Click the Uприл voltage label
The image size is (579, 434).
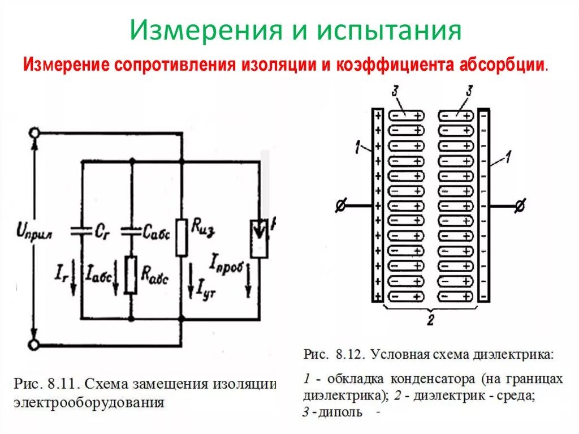point(35,231)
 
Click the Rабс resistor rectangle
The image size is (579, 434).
point(131,274)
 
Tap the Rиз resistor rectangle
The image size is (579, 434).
point(181,237)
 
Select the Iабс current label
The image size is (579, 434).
point(99,276)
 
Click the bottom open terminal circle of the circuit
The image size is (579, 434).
point(35,344)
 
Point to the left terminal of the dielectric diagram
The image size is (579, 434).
point(340,207)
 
